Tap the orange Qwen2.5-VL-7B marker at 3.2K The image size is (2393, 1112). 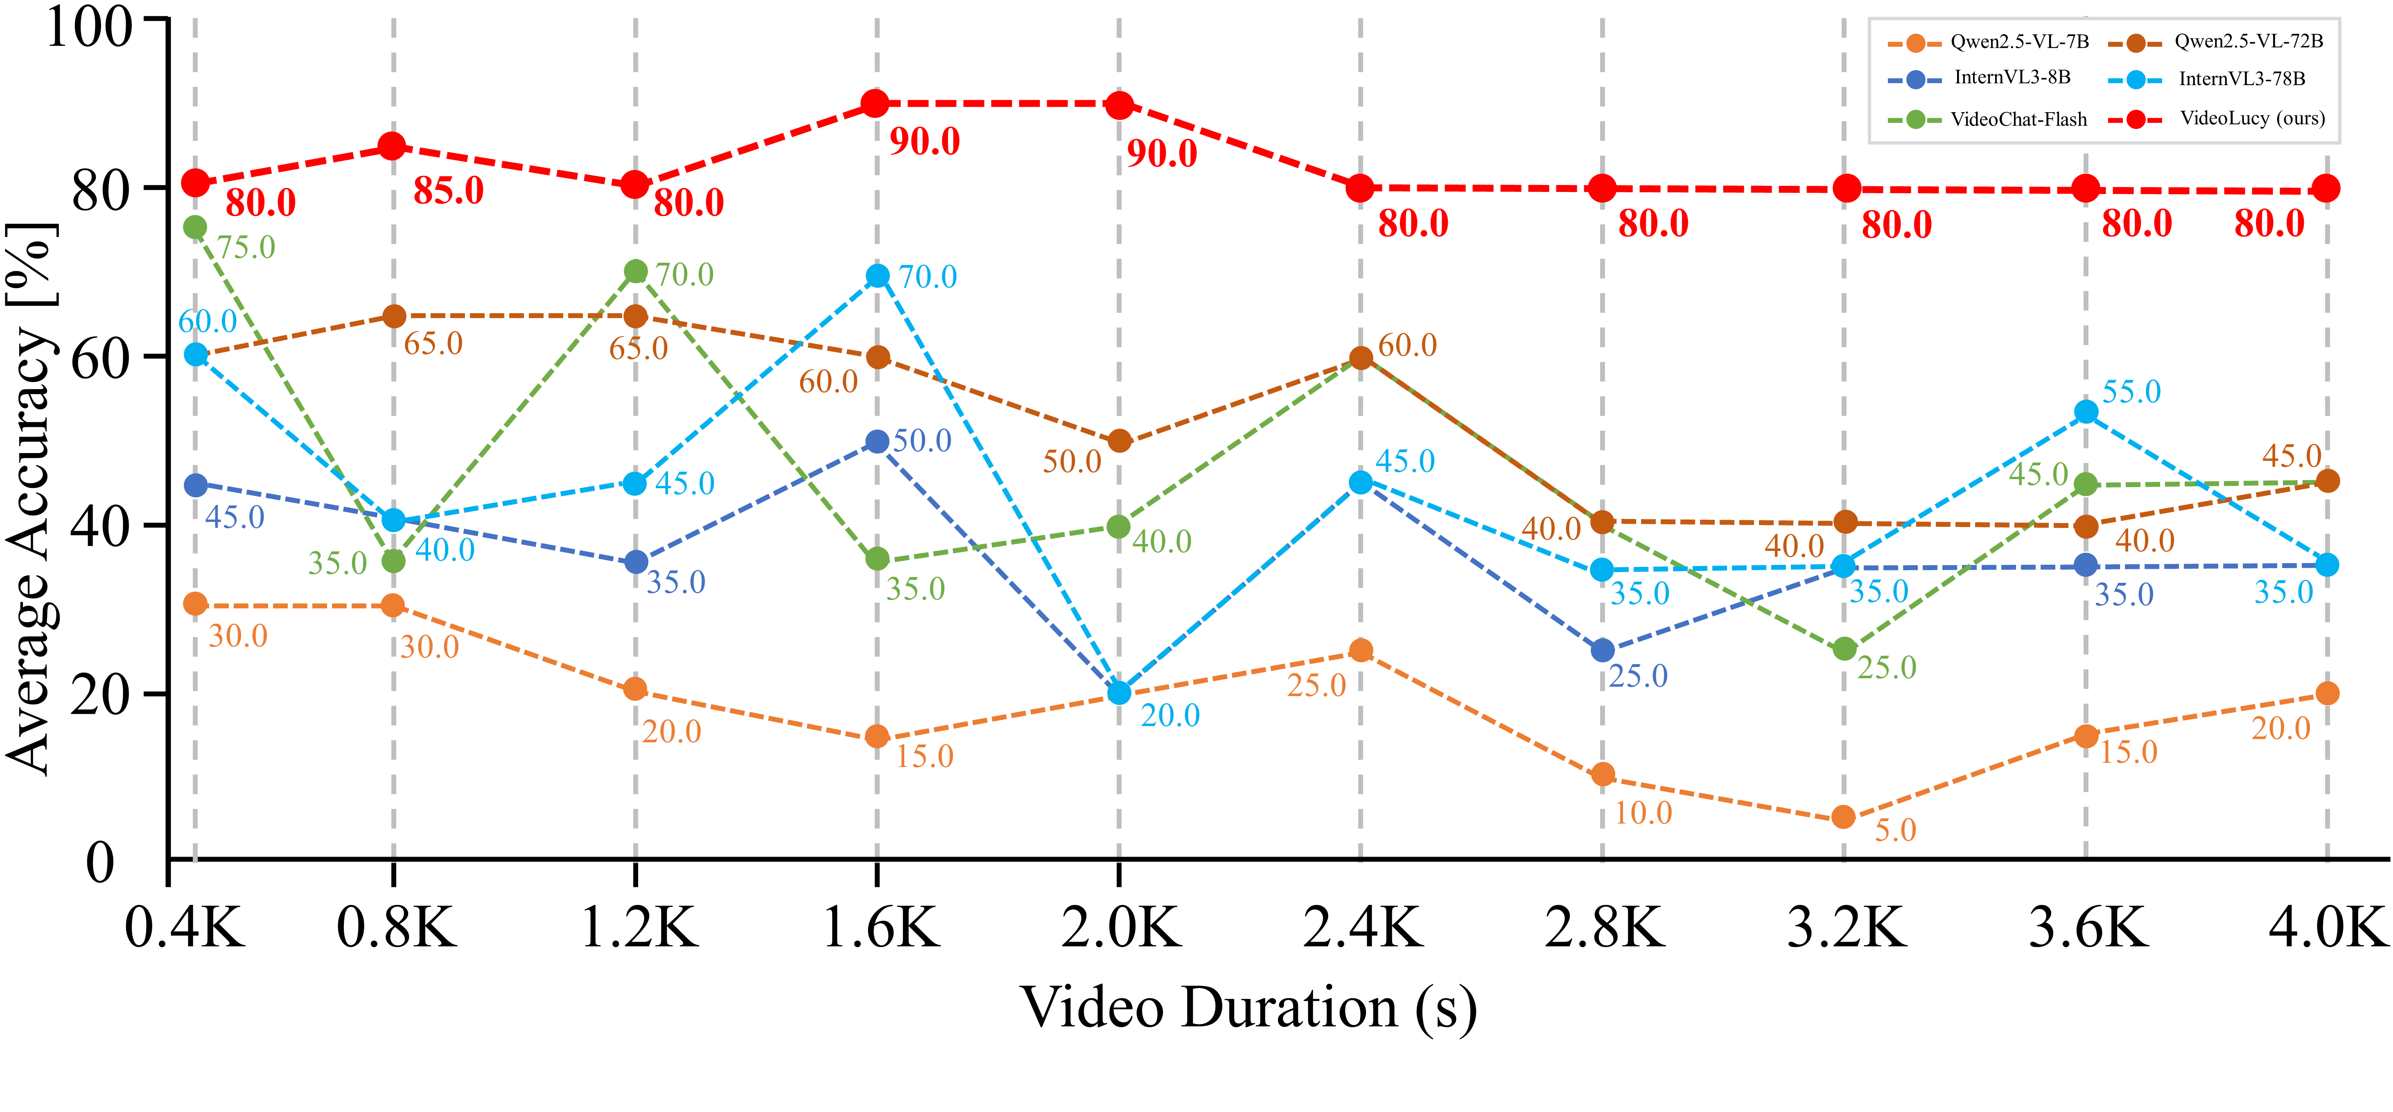tap(1844, 817)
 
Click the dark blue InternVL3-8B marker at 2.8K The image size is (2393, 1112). tap(1603, 650)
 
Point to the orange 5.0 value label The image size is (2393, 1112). tap(1895, 830)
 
